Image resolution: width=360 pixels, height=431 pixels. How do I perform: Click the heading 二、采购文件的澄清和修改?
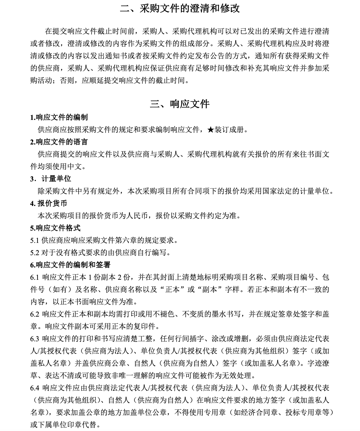180,9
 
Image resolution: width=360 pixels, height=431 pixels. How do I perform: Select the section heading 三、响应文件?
180,104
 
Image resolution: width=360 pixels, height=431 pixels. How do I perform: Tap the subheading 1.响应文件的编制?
59,117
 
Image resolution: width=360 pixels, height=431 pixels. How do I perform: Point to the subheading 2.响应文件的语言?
59,142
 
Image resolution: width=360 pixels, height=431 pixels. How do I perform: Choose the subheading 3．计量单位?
51,179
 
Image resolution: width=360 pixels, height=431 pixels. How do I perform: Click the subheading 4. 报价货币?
49,203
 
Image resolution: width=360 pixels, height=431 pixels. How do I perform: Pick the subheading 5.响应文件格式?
55,228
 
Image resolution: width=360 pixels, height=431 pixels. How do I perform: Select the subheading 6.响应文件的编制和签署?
70,265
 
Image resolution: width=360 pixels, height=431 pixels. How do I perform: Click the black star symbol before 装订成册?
210,130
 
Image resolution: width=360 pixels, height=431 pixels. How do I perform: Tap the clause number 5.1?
34,240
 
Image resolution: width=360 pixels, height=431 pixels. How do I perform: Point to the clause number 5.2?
34,252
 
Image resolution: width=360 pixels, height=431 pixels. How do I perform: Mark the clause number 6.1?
34,277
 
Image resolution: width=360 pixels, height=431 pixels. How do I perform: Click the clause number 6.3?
34,338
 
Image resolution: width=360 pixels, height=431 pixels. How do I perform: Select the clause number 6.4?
34,388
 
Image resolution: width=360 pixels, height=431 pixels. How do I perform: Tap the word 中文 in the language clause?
75,166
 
